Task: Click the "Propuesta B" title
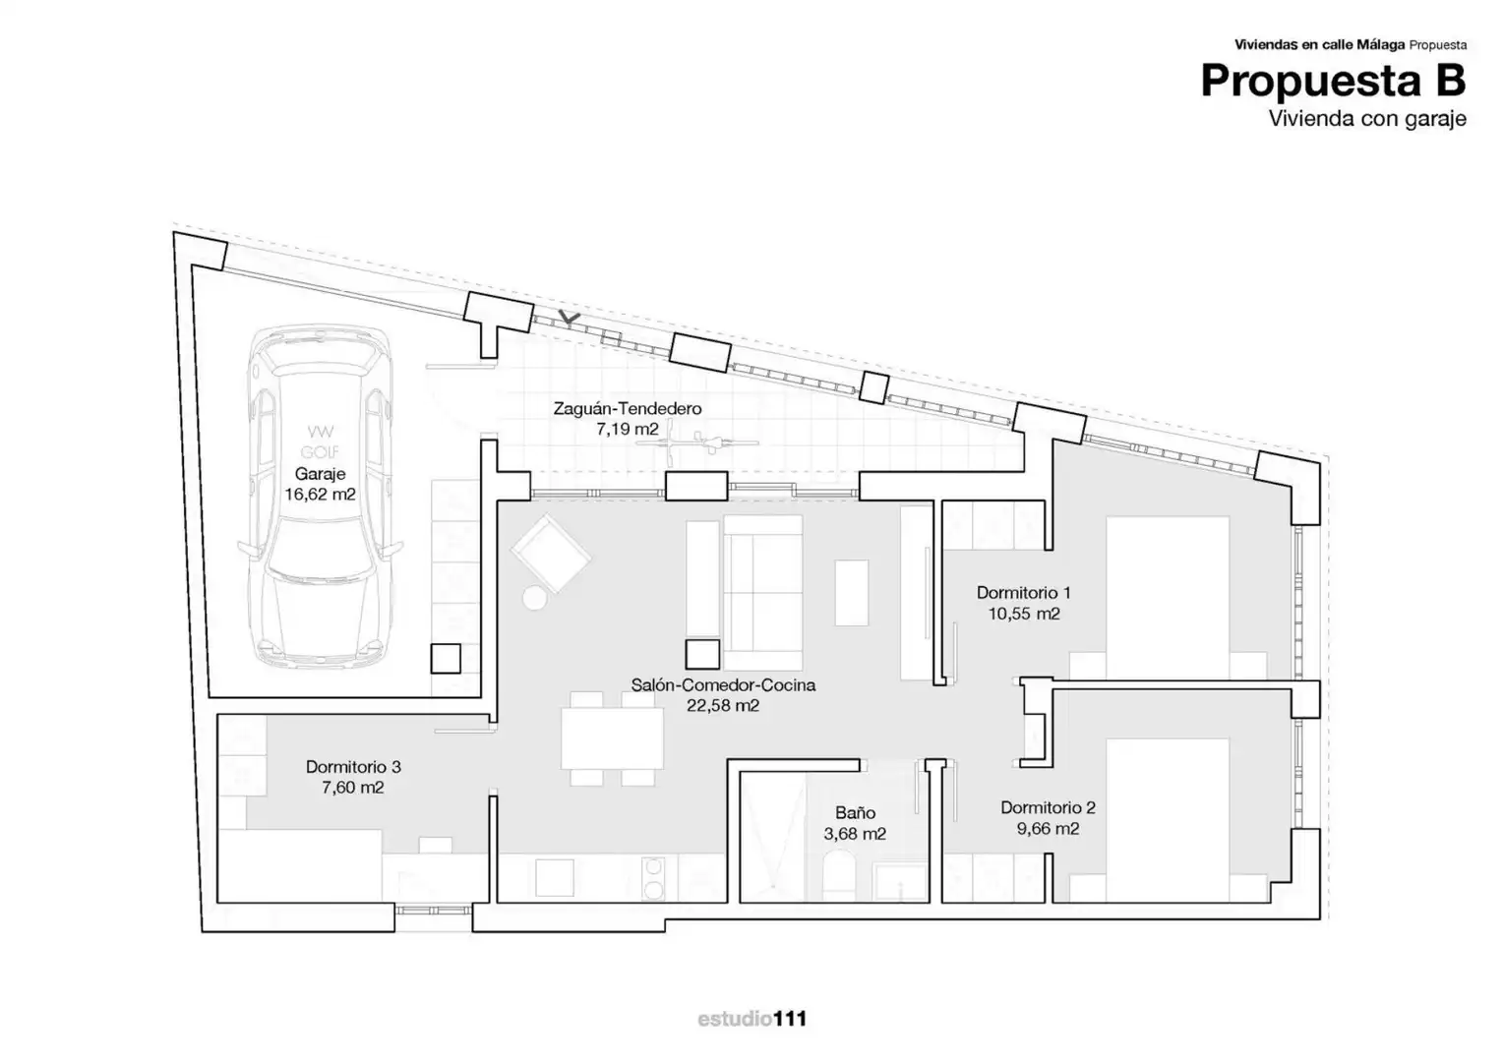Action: [x=1333, y=81]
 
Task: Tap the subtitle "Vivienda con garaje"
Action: [x=1367, y=119]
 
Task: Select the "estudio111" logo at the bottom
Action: [x=751, y=1019]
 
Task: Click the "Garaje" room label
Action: [x=320, y=474]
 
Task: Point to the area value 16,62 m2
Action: [x=320, y=495]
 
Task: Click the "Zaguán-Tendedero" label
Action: [x=628, y=408]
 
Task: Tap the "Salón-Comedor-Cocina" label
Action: [x=723, y=685]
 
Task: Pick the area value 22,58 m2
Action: [x=723, y=706]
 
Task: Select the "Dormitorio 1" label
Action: [x=1023, y=592]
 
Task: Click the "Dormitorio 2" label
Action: [x=1048, y=807]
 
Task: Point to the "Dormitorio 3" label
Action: [x=353, y=766]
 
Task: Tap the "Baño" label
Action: [x=855, y=812]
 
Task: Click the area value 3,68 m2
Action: [x=855, y=834]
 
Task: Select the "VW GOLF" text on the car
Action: [x=320, y=442]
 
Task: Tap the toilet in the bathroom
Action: [x=839, y=875]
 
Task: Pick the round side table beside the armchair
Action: [x=534, y=598]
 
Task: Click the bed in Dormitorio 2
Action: [x=1168, y=820]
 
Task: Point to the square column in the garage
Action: [x=446, y=658]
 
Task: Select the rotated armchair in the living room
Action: [x=550, y=554]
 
